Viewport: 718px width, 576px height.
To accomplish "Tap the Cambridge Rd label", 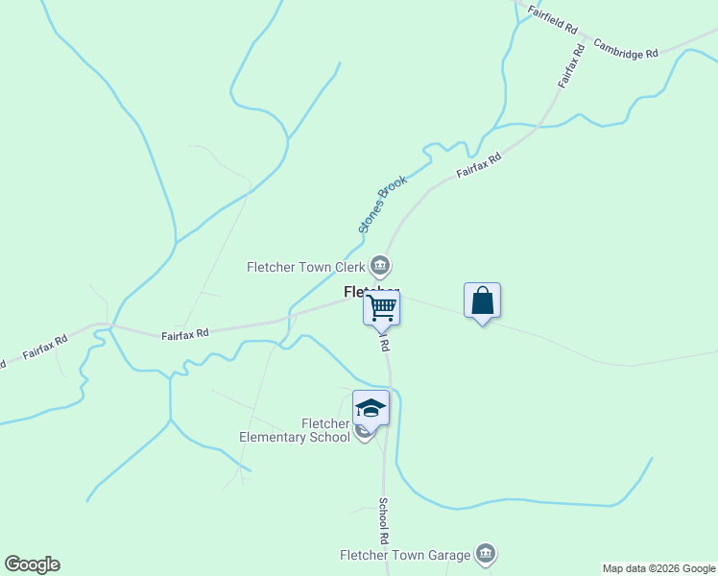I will (625, 49).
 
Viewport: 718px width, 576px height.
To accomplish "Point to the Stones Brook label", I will (382, 204).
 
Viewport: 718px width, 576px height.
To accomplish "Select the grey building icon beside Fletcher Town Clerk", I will (380, 266).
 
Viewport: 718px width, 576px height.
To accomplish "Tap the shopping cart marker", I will (381, 307).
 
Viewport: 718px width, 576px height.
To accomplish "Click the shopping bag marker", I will (482, 300).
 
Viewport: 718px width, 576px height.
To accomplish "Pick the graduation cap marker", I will (371, 408).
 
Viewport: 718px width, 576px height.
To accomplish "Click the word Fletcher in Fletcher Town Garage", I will (366, 555).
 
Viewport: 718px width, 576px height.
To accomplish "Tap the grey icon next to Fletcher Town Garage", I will (487, 554).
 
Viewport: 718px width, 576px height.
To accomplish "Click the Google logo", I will (32, 564).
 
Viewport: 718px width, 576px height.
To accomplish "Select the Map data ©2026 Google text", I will (658, 568).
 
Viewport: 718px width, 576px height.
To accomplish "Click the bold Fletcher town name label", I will (371, 292).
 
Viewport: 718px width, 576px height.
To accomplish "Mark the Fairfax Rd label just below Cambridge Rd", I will (571, 67).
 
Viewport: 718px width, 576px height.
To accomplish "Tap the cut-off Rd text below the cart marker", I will (384, 343).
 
